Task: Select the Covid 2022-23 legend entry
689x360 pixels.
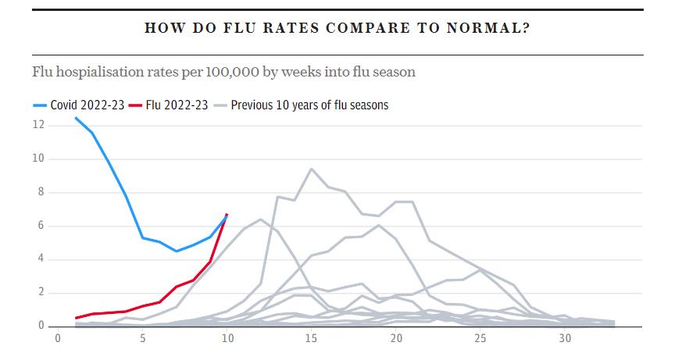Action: pyautogui.click(x=81, y=105)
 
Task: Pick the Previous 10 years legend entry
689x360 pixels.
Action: pyautogui.click(x=309, y=105)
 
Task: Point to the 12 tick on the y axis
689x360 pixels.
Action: pyautogui.click(x=37, y=125)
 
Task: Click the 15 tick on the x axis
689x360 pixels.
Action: pyautogui.click(x=312, y=339)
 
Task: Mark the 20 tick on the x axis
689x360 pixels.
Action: pyautogui.click(x=396, y=339)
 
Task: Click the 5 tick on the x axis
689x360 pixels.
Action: pyautogui.click(x=143, y=339)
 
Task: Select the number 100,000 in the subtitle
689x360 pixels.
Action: pyautogui.click(x=230, y=72)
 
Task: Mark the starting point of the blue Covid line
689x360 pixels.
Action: pyautogui.click(x=76, y=118)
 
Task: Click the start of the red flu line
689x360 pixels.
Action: pyautogui.click(x=76, y=318)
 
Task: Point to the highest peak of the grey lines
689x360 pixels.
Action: pyautogui.click(x=312, y=169)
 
